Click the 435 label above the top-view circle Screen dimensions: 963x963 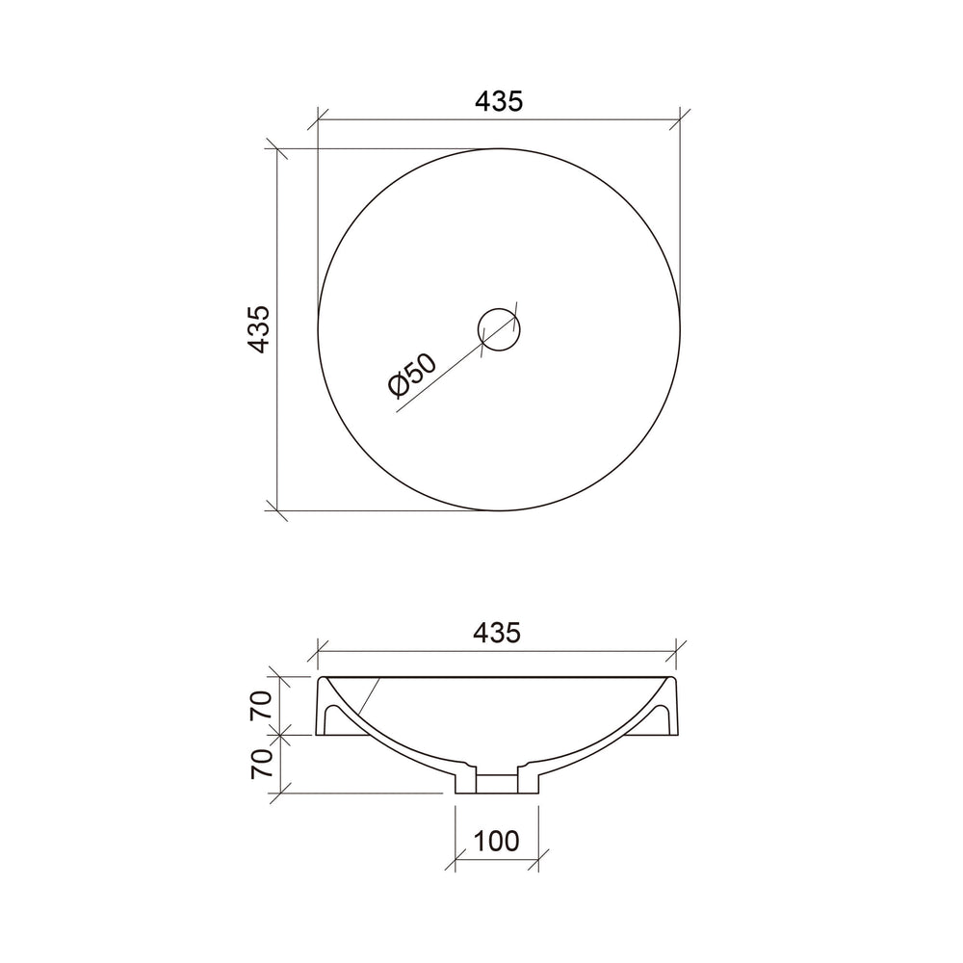point(499,101)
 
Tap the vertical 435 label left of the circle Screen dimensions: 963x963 point(259,329)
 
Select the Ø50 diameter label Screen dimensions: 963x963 point(413,375)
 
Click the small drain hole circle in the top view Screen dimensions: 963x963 point(499,329)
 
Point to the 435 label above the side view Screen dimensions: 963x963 point(497,632)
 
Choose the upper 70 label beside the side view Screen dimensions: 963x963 point(261,705)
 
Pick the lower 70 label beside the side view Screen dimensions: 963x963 point(261,764)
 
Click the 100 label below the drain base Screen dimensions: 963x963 point(497,841)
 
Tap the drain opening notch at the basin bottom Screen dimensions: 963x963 point(497,783)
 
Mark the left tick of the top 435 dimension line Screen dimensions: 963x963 point(318,119)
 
